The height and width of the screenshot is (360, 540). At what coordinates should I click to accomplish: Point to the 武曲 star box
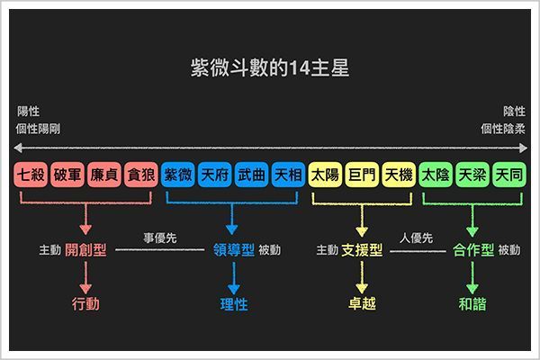251,175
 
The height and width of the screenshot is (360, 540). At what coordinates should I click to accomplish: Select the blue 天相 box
288,175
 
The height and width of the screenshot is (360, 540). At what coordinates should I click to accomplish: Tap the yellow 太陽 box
326,175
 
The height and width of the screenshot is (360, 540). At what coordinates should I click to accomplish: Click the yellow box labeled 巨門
362,175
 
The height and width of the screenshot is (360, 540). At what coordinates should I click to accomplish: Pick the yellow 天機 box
399,175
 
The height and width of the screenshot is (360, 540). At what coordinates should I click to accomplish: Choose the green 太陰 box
436,175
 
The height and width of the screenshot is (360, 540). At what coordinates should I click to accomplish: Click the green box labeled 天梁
472,175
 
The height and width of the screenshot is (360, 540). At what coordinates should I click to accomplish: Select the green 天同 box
509,175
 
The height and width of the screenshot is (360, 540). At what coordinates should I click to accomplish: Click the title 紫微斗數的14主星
270,67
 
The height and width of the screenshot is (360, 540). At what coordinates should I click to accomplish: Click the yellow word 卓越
362,303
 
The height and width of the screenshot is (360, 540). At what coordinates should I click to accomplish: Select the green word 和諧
472,303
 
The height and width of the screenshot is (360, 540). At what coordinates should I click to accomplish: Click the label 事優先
160,238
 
